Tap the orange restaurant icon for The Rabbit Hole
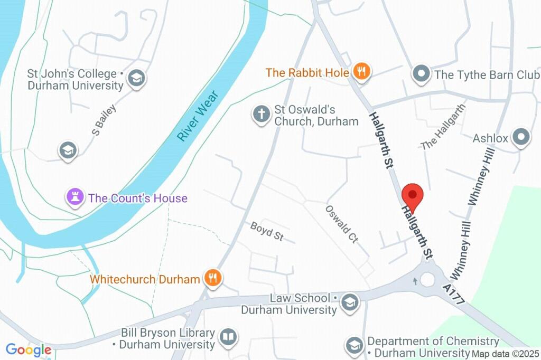(x=362, y=71)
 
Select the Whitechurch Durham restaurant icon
(x=213, y=278)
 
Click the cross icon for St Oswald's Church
(x=261, y=115)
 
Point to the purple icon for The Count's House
(x=74, y=198)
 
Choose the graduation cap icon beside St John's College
(x=137, y=78)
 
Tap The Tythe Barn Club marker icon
(x=421, y=74)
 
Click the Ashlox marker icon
(x=521, y=137)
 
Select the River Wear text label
(x=198, y=116)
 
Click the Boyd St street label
(x=267, y=231)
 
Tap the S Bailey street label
(x=104, y=120)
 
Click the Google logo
(x=29, y=349)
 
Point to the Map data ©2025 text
(x=506, y=354)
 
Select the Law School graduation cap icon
(x=349, y=303)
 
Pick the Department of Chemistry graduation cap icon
(x=353, y=346)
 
